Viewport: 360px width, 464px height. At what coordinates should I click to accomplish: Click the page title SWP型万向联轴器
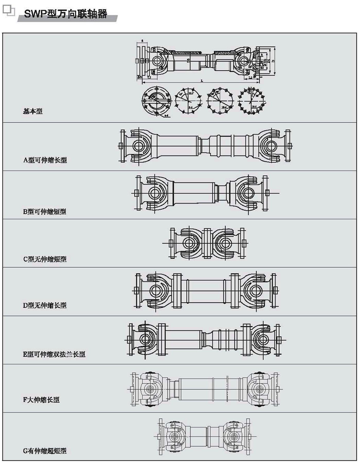click(65, 14)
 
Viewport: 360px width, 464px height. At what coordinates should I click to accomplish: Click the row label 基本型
click(33, 111)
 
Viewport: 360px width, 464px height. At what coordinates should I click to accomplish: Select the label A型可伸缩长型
click(45, 160)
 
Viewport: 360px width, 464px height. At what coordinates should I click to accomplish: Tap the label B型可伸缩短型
click(45, 211)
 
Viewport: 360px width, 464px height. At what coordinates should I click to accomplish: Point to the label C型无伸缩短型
click(45, 259)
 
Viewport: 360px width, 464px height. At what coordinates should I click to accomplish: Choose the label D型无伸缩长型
click(45, 305)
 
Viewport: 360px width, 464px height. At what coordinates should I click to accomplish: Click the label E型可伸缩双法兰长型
click(54, 354)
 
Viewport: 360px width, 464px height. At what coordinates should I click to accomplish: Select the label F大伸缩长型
click(41, 400)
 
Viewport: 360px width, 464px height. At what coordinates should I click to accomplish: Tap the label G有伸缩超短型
click(45, 451)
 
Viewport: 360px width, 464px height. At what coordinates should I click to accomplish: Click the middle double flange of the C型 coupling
click(207, 243)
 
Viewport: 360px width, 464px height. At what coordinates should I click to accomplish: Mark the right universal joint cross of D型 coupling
click(255, 290)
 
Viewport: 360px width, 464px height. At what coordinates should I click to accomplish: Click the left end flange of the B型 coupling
click(137, 192)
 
